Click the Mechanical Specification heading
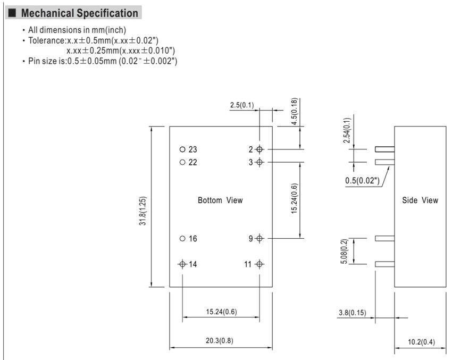pos(80,13)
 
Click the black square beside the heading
pos(12,13)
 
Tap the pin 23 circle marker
pos(182,149)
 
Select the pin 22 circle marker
pos(182,162)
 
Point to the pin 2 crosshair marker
pos(260,149)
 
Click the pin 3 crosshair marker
pos(260,162)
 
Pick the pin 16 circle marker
pos(182,238)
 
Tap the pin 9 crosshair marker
pos(260,238)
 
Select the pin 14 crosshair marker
pos(182,264)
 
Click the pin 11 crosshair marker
pos(260,264)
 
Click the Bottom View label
pos(220,200)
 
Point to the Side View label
pos(420,200)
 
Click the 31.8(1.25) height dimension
pos(143,211)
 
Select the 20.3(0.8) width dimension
pos(220,341)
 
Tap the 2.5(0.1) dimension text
pos(242,105)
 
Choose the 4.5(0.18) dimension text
pos(294,111)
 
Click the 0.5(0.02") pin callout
pos(362,181)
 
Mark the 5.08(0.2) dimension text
pos(344,251)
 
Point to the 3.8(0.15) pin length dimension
pos(352,313)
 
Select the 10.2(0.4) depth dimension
pos(421,342)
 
